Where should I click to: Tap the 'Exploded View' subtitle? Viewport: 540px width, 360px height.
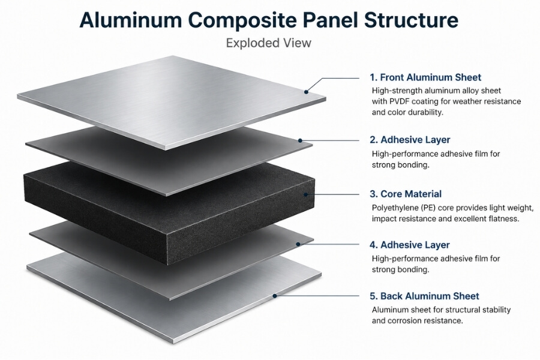(x=268, y=43)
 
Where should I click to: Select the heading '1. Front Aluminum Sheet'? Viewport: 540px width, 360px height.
(x=425, y=77)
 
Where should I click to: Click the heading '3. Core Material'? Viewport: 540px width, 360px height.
(x=406, y=194)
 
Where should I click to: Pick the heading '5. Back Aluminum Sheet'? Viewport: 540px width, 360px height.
(x=424, y=296)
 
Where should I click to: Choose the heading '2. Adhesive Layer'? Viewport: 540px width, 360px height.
(x=410, y=140)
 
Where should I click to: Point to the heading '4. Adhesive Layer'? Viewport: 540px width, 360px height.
(x=410, y=245)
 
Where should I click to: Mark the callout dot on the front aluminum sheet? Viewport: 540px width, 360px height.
(x=306, y=91)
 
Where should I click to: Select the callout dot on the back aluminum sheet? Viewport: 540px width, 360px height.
(x=275, y=295)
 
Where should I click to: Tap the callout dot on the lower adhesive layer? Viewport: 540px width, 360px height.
(x=298, y=244)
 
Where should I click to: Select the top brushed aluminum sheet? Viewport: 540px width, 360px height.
(x=168, y=99)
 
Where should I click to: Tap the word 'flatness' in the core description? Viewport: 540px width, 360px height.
(x=501, y=219)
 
